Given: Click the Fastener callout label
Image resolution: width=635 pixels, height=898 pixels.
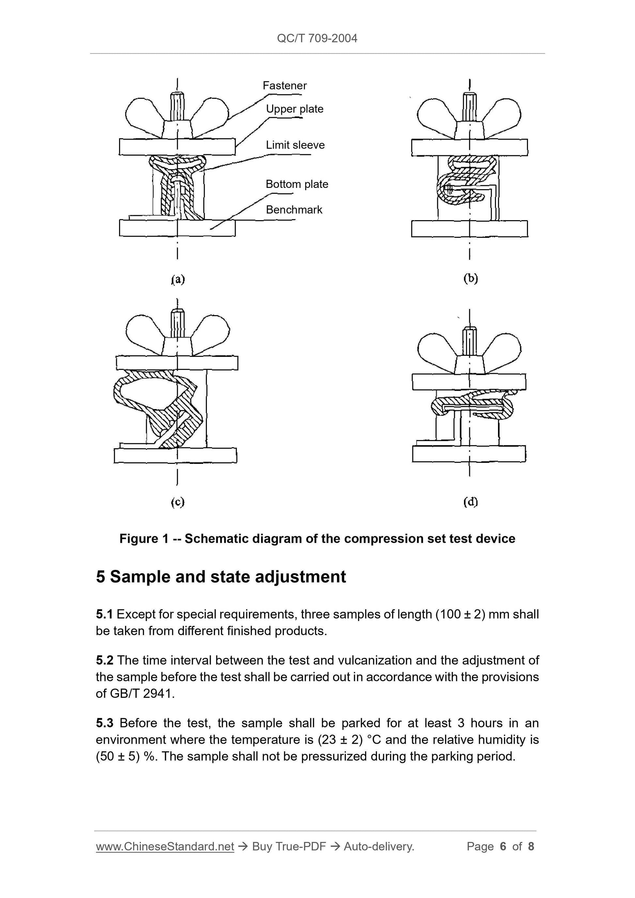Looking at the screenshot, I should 285,86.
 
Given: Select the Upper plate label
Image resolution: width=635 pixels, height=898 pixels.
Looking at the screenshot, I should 295,109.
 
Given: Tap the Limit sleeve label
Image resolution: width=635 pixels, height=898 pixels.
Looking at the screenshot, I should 295,145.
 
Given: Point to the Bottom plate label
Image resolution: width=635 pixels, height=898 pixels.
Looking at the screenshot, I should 297,184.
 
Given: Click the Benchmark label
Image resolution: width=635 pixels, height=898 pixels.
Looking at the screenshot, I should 294,210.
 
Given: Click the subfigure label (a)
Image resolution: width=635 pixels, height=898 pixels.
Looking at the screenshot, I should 178,279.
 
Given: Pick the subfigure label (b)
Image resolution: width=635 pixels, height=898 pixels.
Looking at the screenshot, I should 471,278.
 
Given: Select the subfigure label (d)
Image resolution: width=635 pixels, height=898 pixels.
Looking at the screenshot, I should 471,501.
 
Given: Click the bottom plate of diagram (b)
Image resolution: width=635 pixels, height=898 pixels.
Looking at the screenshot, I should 470,229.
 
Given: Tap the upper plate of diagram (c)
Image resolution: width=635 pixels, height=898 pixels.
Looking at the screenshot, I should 177,363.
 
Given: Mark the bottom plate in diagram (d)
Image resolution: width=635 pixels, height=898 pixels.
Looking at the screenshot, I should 469,454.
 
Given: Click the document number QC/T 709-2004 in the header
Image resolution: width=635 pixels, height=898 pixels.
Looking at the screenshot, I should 317,38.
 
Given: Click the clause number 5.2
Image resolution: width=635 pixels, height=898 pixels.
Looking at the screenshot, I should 104,660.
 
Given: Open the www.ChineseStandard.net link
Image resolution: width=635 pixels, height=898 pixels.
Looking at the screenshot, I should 165,846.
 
